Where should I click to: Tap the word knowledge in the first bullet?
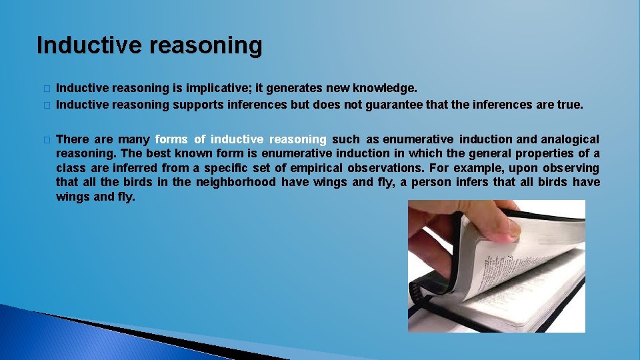click(x=387, y=88)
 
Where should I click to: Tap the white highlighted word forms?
click(x=171, y=139)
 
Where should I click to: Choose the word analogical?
click(x=570, y=139)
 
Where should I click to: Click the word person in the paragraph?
click(x=431, y=182)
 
